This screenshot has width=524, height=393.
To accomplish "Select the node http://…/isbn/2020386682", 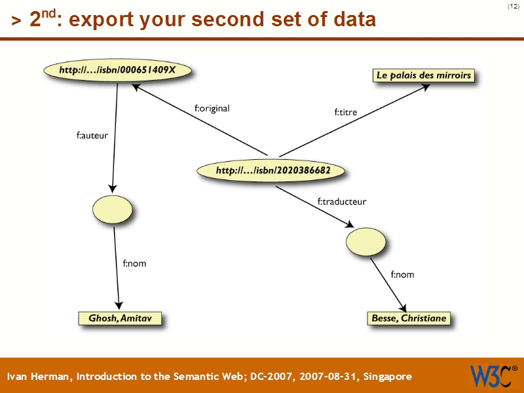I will tap(273, 171).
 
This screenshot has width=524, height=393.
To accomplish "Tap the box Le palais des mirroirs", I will tap(423, 75).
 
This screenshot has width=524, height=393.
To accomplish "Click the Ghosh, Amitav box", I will tap(119, 318).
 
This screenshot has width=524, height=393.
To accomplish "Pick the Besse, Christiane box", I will tap(409, 318).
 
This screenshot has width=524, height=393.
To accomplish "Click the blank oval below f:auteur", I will tap(113, 210).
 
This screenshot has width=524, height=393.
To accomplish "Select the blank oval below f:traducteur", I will tap(366, 242).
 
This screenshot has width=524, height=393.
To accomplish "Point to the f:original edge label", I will tap(212, 109).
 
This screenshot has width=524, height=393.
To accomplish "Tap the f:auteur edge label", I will tap(92, 136).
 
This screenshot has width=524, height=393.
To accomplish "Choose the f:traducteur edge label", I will tap(342, 202).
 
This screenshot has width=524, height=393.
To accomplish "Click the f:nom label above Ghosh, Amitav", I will tap(134, 263).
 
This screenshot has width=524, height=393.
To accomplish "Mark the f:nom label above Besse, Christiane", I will tap(402, 274).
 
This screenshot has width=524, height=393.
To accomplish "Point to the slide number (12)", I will tap(513, 7).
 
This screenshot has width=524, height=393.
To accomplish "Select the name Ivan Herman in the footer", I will tap(40, 377).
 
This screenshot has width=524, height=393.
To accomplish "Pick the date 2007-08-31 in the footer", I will tap(325, 377).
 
